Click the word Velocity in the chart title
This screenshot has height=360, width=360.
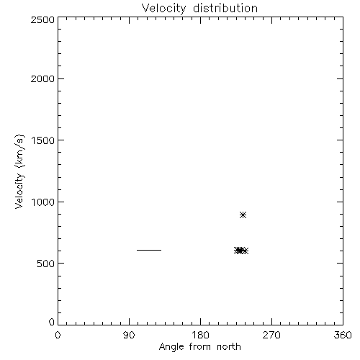(x=163, y=9)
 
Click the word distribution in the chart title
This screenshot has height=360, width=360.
(x=225, y=8)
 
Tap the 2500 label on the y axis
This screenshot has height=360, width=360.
(x=42, y=19)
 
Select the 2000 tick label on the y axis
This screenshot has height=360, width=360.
(x=42, y=78)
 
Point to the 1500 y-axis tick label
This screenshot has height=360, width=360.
(x=43, y=140)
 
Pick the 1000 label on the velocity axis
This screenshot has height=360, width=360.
(x=43, y=202)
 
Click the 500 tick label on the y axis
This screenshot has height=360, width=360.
(x=46, y=264)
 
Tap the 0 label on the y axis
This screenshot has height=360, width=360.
(x=52, y=322)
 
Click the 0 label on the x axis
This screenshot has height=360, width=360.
(x=58, y=335)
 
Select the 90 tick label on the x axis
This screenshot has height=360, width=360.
(x=129, y=335)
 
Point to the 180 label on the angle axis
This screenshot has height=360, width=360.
(x=200, y=335)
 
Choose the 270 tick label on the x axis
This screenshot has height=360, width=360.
(x=271, y=335)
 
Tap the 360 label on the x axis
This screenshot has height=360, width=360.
(x=343, y=335)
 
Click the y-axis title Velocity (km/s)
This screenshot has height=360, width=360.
(x=19, y=171)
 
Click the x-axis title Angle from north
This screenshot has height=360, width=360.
(x=200, y=347)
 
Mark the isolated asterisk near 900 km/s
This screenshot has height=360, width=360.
(x=243, y=215)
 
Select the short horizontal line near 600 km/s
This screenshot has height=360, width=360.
(x=149, y=250)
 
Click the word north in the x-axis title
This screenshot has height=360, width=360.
(x=229, y=347)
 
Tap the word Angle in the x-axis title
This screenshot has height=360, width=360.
(x=171, y=348)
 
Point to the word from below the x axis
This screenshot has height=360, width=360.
(x=200, y=347)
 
